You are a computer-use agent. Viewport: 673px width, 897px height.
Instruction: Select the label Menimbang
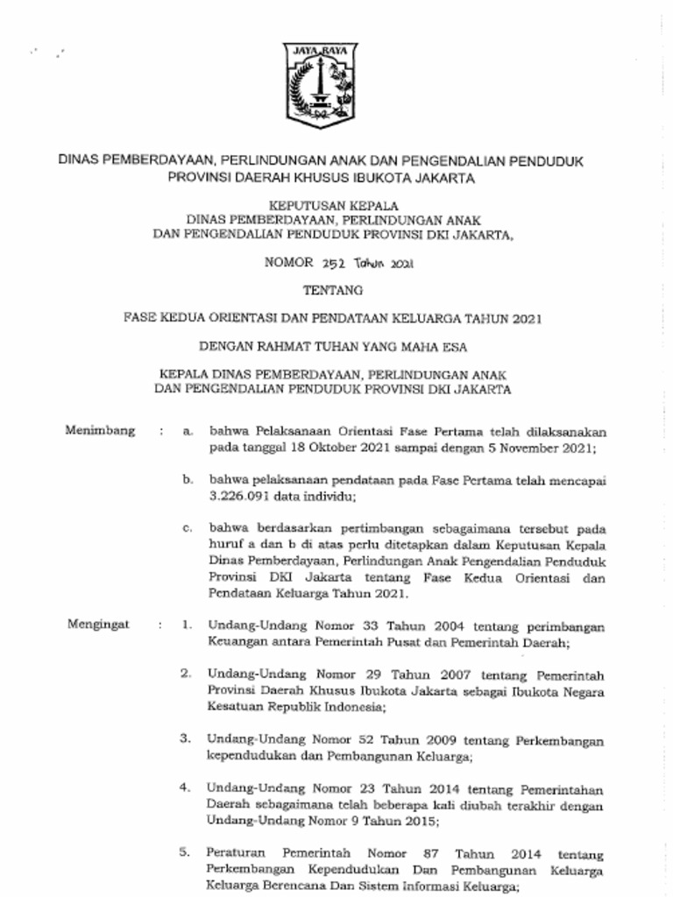101,430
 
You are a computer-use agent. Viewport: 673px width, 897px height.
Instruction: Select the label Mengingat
98,625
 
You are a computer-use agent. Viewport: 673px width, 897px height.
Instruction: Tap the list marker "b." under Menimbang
188,480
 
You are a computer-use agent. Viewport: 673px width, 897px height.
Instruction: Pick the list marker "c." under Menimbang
188,528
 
